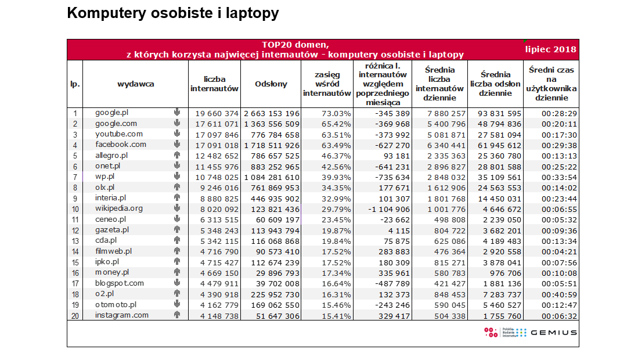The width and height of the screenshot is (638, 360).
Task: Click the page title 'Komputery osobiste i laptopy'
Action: click(x=173, y=13)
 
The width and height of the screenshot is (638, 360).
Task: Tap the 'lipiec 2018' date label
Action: click(x=550, y=49)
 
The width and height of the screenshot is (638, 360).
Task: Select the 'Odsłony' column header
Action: click(x=271, y=84)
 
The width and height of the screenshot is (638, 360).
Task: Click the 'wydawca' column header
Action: click(x=135, y=84)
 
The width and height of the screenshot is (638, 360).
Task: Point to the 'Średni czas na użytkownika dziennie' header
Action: click(x=552, y=84)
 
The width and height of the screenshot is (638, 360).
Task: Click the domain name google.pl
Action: click(x=112, y=113)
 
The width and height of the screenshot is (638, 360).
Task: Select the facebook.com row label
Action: click(x=120, y=145)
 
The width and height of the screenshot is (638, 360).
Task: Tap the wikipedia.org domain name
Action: click(x=119, y=208)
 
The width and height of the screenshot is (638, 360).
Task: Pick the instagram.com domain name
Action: click(x=122, y=315)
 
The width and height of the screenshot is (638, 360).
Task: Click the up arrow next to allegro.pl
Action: click(x=177, y=155)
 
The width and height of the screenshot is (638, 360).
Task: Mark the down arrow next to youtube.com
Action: click(x=177, y=134)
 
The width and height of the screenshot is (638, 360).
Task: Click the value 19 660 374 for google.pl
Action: click(x=217, y=113)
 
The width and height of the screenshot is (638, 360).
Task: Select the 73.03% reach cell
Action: click(x=336, y=113)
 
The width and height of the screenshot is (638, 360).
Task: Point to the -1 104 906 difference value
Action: click(x=388, y=210)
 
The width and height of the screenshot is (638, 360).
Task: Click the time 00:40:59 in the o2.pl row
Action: click(x=559, y=294)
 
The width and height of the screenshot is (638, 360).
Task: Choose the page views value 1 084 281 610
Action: click(x=272, y=178)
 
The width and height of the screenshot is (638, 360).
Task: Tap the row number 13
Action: click(x=75, y=241)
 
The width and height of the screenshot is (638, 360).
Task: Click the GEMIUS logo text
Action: click(x=554, y=333)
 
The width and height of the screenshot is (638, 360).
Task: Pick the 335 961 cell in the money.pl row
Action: click(x=394, y=273)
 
